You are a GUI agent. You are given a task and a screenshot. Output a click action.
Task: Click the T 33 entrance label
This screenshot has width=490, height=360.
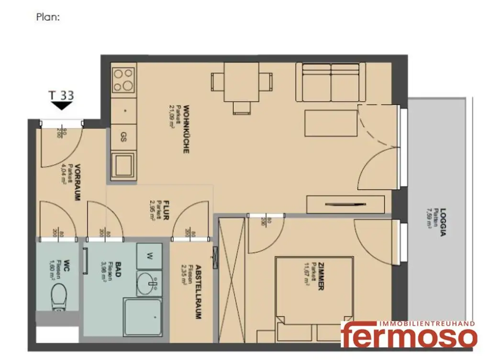[x=62, y=95]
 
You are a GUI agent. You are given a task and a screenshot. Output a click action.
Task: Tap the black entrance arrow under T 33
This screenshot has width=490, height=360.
[x=62, y=106]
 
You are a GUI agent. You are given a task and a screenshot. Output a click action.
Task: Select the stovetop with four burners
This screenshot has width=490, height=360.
[x=122, y=80]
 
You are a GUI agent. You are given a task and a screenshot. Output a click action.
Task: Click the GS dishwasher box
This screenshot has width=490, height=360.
[x=123, y=138]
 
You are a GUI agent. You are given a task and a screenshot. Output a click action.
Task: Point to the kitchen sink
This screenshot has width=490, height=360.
[x=123, y=165]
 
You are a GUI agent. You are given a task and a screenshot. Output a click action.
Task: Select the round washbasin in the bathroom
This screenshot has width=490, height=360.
[x=148, y=284]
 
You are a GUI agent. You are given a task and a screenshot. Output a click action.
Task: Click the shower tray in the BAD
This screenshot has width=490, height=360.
[x=142, y=317]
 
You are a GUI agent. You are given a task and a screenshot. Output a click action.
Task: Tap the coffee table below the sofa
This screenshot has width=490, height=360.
[x=331, y=123]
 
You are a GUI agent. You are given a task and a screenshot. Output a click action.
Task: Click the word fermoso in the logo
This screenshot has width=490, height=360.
[x=409, y=337]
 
